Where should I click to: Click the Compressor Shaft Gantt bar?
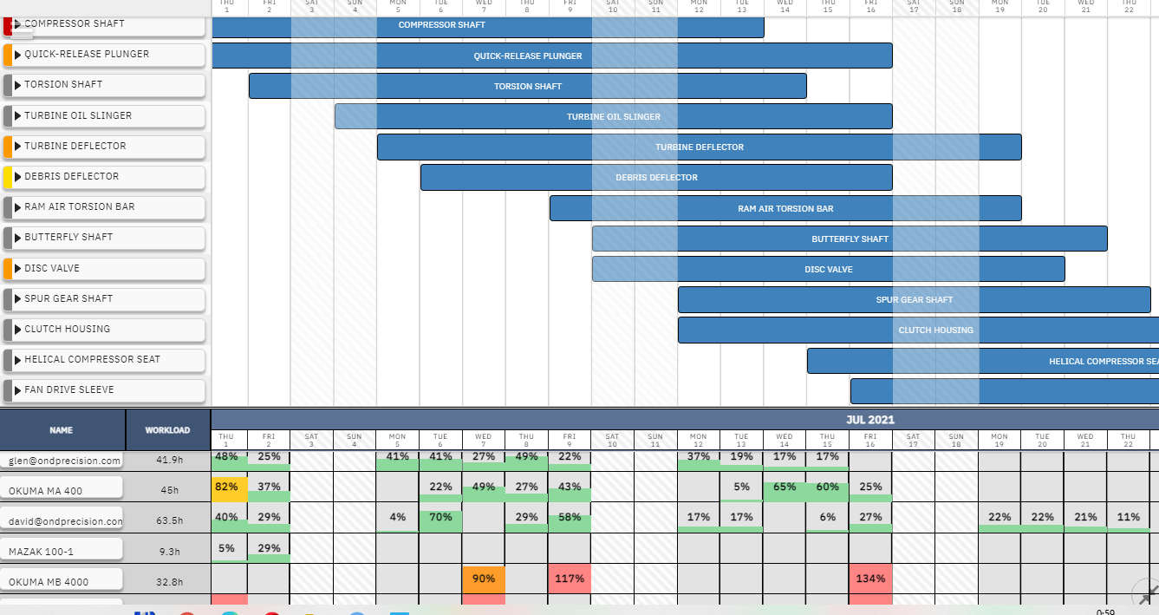tap(487, 25)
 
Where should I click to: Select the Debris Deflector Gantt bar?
tap(656, 178)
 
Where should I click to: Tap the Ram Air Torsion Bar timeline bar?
tap(785, 208)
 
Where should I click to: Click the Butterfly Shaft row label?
tap(68, 237)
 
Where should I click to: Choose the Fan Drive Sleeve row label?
tap(68, 389)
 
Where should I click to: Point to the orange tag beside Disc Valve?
tap(7, 268)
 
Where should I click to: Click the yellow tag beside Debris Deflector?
tap(7, 177)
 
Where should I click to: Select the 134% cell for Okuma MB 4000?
tap(870, 579)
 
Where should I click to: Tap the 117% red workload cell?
tap(570, 579)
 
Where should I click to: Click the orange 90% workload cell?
tap(484, 579)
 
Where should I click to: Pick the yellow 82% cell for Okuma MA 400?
tap(226, 487)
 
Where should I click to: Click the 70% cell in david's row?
tap(440, 518)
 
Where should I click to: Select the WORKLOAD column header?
tap(167, 429)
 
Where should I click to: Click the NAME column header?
tap(62, 429)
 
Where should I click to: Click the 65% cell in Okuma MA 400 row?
tap(784, 487)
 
